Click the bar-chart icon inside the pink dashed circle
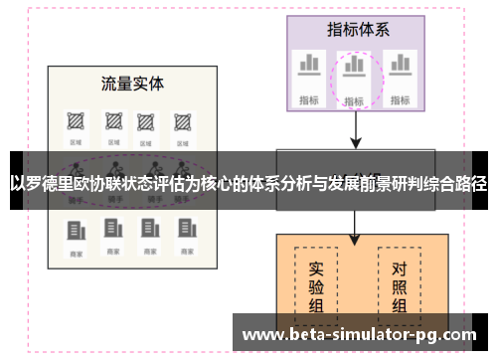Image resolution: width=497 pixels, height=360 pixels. (354, 69)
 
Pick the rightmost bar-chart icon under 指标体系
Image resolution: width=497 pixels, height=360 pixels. (400, 67)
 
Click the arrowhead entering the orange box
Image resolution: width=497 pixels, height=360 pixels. (355, 239)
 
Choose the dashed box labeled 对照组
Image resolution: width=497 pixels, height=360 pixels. (399, 288)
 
